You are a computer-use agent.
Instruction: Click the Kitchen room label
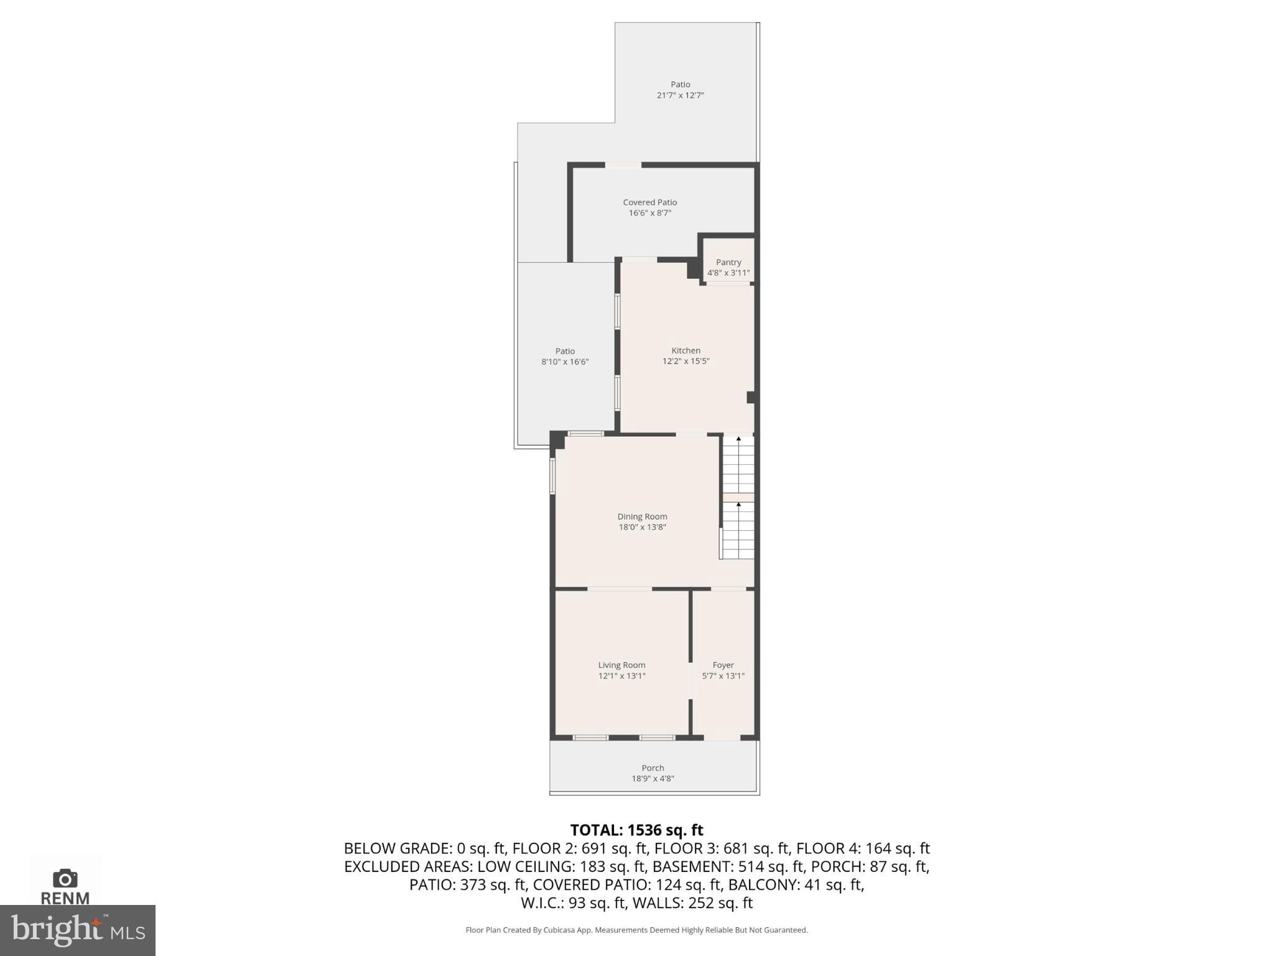click(686, 350)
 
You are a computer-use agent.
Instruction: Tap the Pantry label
click(728, 262)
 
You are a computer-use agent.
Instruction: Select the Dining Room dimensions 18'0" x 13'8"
click(642, 527)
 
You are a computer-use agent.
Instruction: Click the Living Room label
click(621, 665)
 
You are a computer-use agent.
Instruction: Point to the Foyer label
click(723, 665)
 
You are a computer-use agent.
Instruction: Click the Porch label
click(653, 768)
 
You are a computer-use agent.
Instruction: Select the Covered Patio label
click(649, 202)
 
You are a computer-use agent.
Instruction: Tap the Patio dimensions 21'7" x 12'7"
click(680, 95)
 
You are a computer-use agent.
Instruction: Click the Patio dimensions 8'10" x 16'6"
click(564, 362)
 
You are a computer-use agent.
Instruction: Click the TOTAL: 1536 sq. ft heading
click(636, 830)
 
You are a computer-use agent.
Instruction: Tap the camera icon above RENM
click(65, 878)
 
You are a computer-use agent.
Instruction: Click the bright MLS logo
click(77, 930)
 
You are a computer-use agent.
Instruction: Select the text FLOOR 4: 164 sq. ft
click(863, 848)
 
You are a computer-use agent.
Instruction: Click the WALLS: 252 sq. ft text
click(692, 902)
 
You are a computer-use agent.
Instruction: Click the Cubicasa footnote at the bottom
click(636, 930)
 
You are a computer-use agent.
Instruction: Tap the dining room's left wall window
click(552, 476)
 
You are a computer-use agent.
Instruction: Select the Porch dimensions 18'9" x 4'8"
click(653, 779)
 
